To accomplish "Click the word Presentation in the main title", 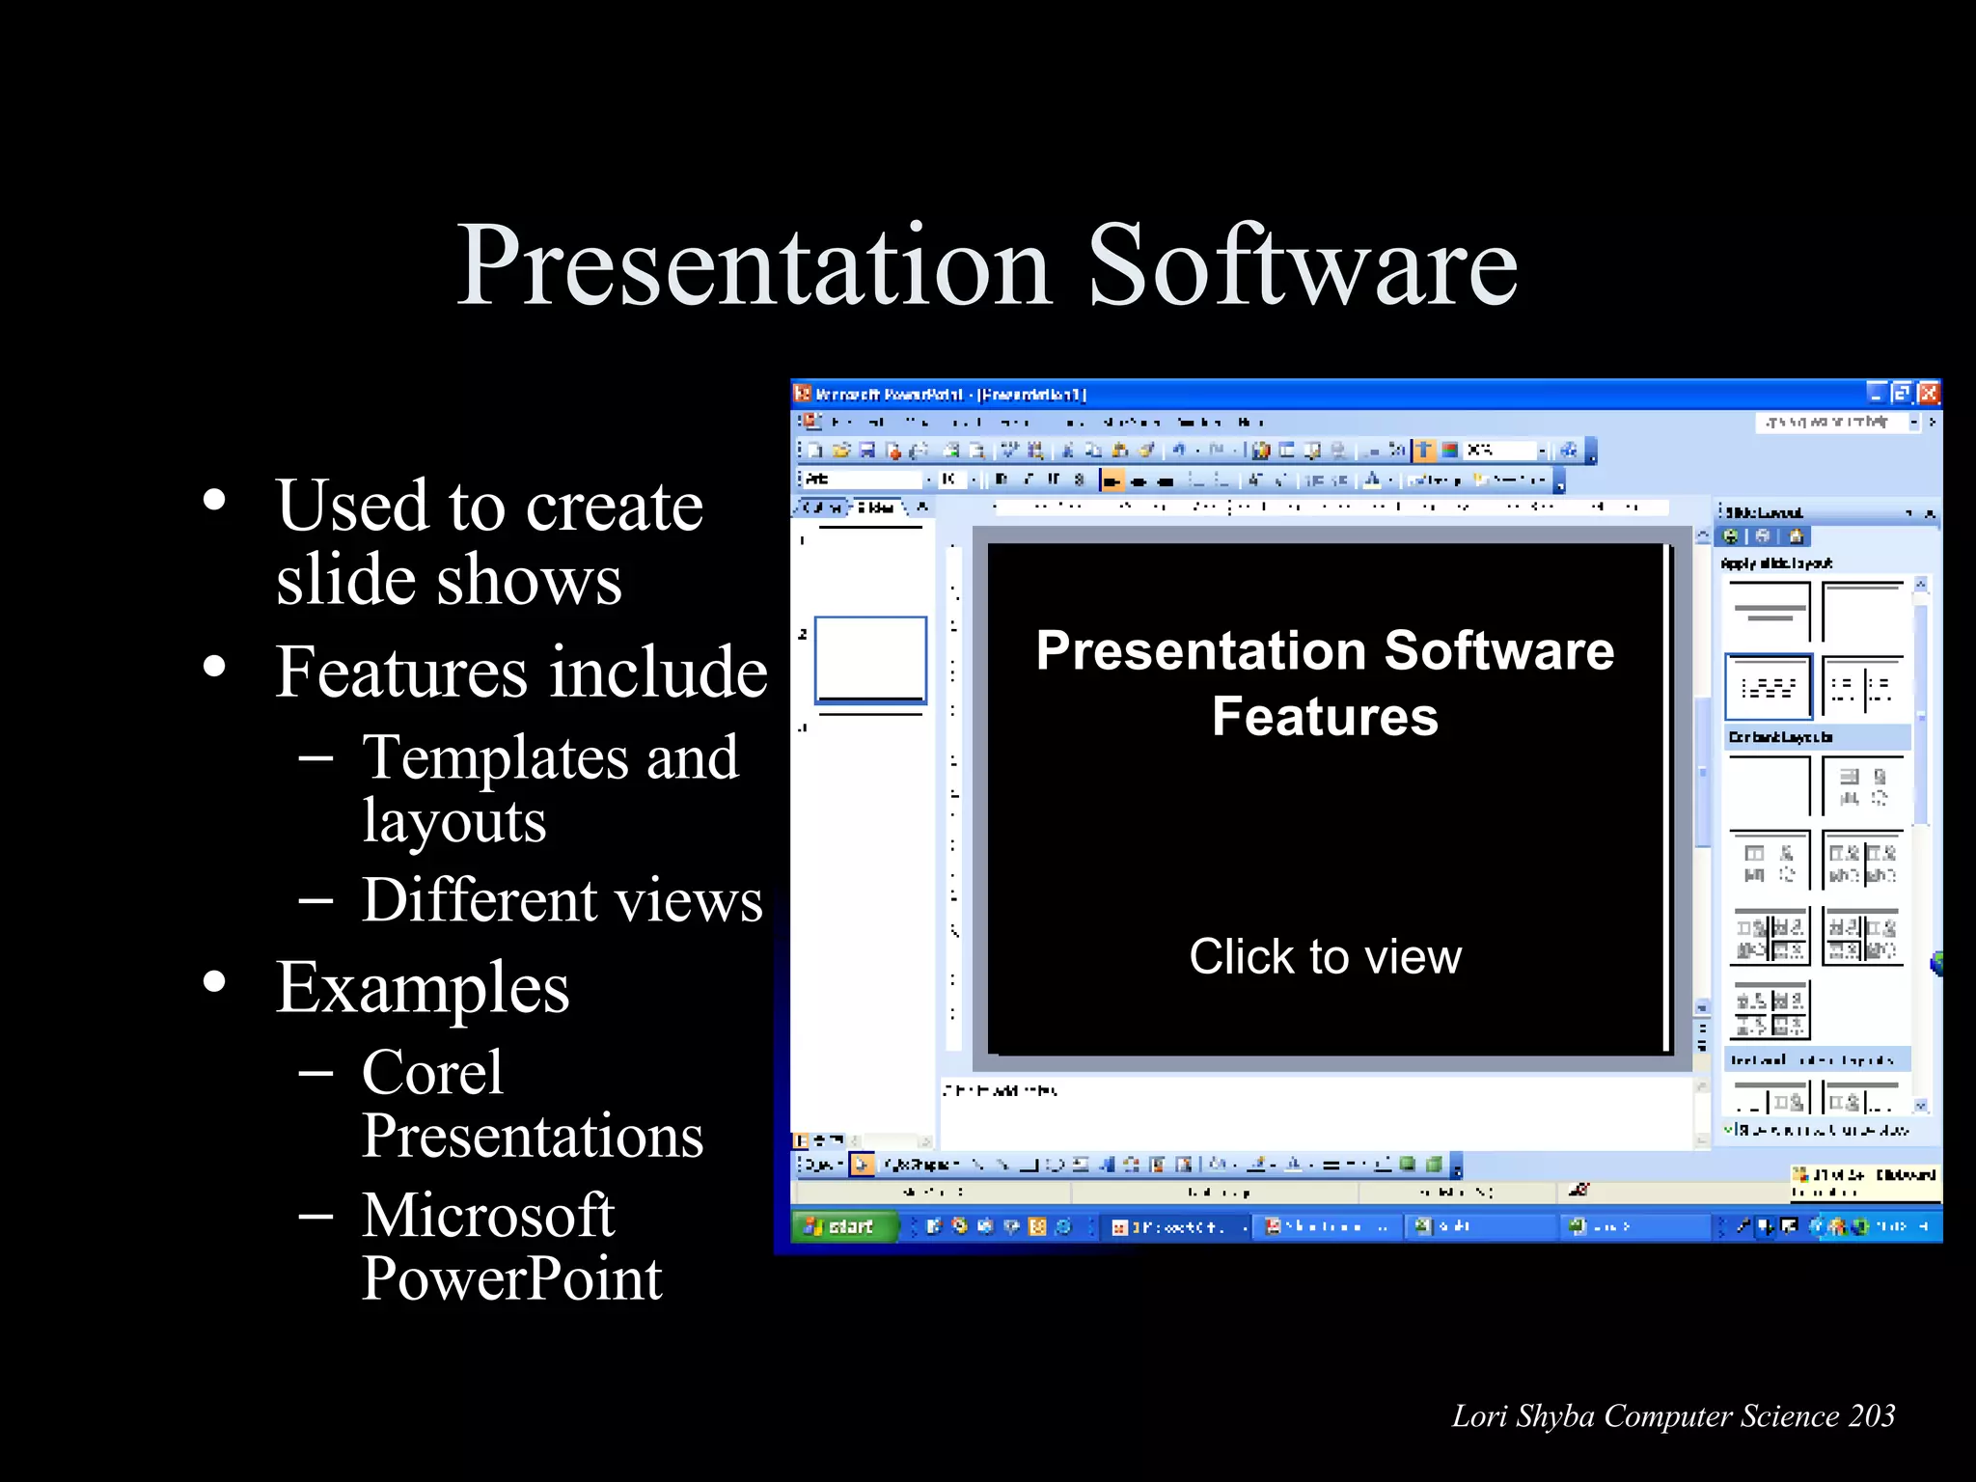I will tap(753, 265).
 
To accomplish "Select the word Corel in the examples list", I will tap(432, 1072).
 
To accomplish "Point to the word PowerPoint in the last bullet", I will tap(511, 1278).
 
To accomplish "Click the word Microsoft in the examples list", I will tap(488, 1215).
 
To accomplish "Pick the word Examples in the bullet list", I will tap(423, 989).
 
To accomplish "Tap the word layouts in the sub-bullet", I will tap(454, 822).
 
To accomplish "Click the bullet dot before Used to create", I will tap(214, 501).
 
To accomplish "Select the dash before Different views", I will tap(316, 901).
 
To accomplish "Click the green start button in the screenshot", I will tap(841, 1226).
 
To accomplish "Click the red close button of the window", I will tap(1928, 393).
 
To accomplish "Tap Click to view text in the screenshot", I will tap(1325, 957).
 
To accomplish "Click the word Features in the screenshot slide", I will tap(1325, 717).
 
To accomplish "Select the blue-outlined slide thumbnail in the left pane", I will tap(870, 660).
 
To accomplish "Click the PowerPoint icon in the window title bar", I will tap(803, 393).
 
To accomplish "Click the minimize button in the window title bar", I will tap(1875, 393).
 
